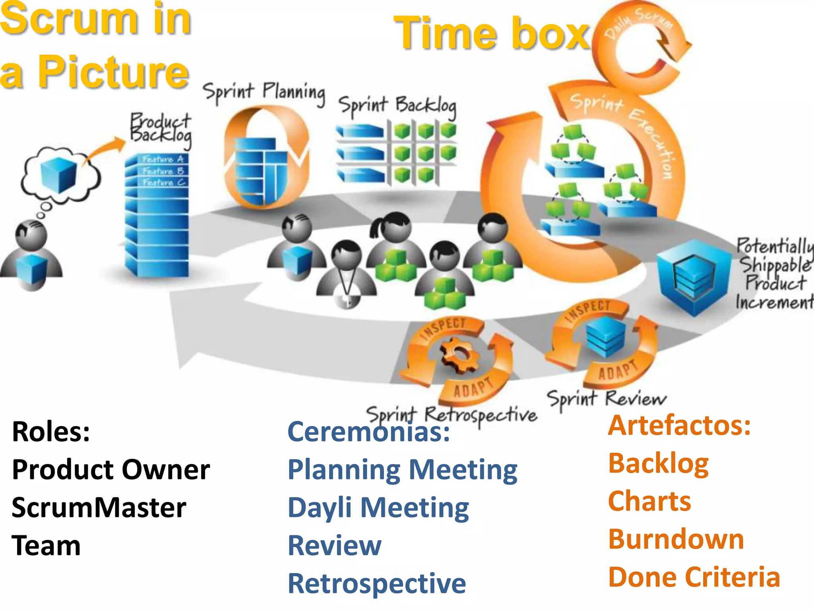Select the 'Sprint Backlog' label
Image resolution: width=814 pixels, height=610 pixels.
pyautogui.click(x=397, y=106)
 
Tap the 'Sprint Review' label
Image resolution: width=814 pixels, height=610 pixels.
pyautogui.click(x=606, y=398)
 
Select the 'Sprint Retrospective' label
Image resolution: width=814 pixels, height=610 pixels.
pyautogui.click(x=452, y=415)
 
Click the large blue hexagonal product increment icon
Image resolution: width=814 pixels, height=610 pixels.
pyautogui.click(x=694, y=276)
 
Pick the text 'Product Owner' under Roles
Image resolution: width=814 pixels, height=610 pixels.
pyautogui.click(x=111, y=469)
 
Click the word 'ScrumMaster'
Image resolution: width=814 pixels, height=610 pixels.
pyautogui.click(x=99, y=508)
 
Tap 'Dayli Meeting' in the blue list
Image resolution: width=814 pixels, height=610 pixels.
pyautogui.click(x=378, y=508)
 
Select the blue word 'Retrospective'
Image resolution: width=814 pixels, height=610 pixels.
pyautogui.click(x=377, y=583)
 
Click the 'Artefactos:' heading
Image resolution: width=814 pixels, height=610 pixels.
pyautogui.click(x=679, y=425)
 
